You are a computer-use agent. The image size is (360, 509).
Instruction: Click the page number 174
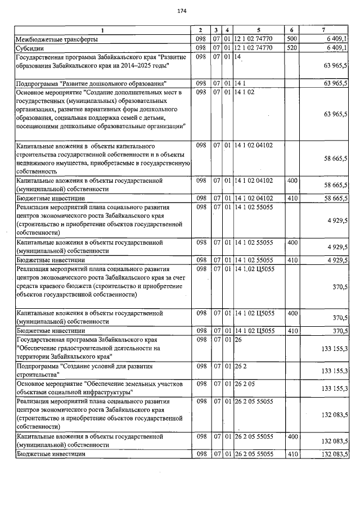point(181,11)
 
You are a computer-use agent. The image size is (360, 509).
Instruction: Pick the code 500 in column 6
point(291,39)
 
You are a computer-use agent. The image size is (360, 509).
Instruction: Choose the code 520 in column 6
point(291,48)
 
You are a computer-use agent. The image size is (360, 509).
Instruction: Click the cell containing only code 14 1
point(240,83)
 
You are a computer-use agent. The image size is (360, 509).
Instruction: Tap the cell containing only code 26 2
point(240,366)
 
